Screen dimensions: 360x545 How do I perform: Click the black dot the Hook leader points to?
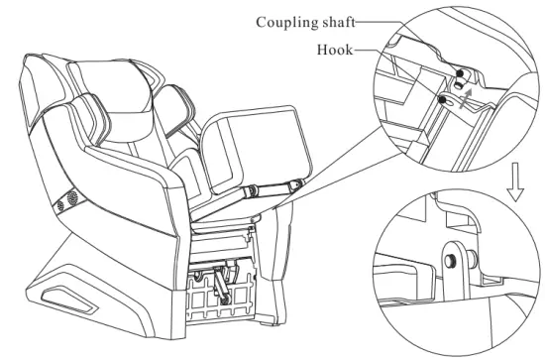[439, 99]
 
